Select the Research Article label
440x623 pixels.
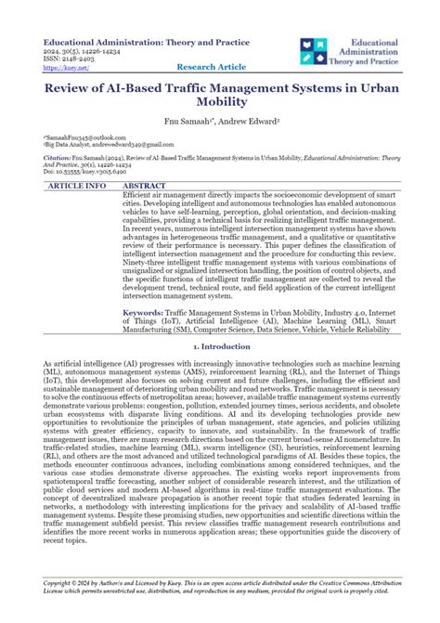pyautogui.click(x=211, y=68)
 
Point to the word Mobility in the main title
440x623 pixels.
pyautogui.click(x=220, y=105)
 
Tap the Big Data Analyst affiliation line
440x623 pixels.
pyautogui.click(x=93, y=146)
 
